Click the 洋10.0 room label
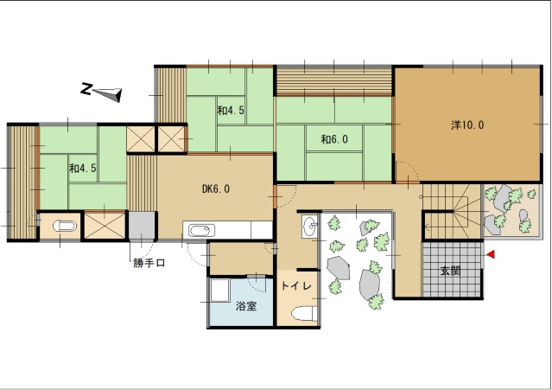click(x=467, y=125)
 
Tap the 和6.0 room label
click(x=334, y=139)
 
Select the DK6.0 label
click(x=216, y=189)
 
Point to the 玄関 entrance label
click(x=450, y=271)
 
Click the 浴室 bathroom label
click(x=246, y=306)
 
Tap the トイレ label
click(x=296, y=285)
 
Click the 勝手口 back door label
click(x=149, y=263)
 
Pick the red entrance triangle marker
click(x=491, y=254)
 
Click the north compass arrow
click(x=108, y=94)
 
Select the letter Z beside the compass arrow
click(x=86, y=89)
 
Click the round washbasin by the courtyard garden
click(x=310, y=226)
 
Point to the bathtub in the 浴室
click(x=219, y=291)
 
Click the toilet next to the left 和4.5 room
click(x=65, y=226)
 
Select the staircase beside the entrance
click(x=452, y=211)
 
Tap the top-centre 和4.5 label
click(x=231, y=111)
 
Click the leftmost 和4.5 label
click(x=83, y=168)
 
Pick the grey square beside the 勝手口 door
click(x=142, y=225)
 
